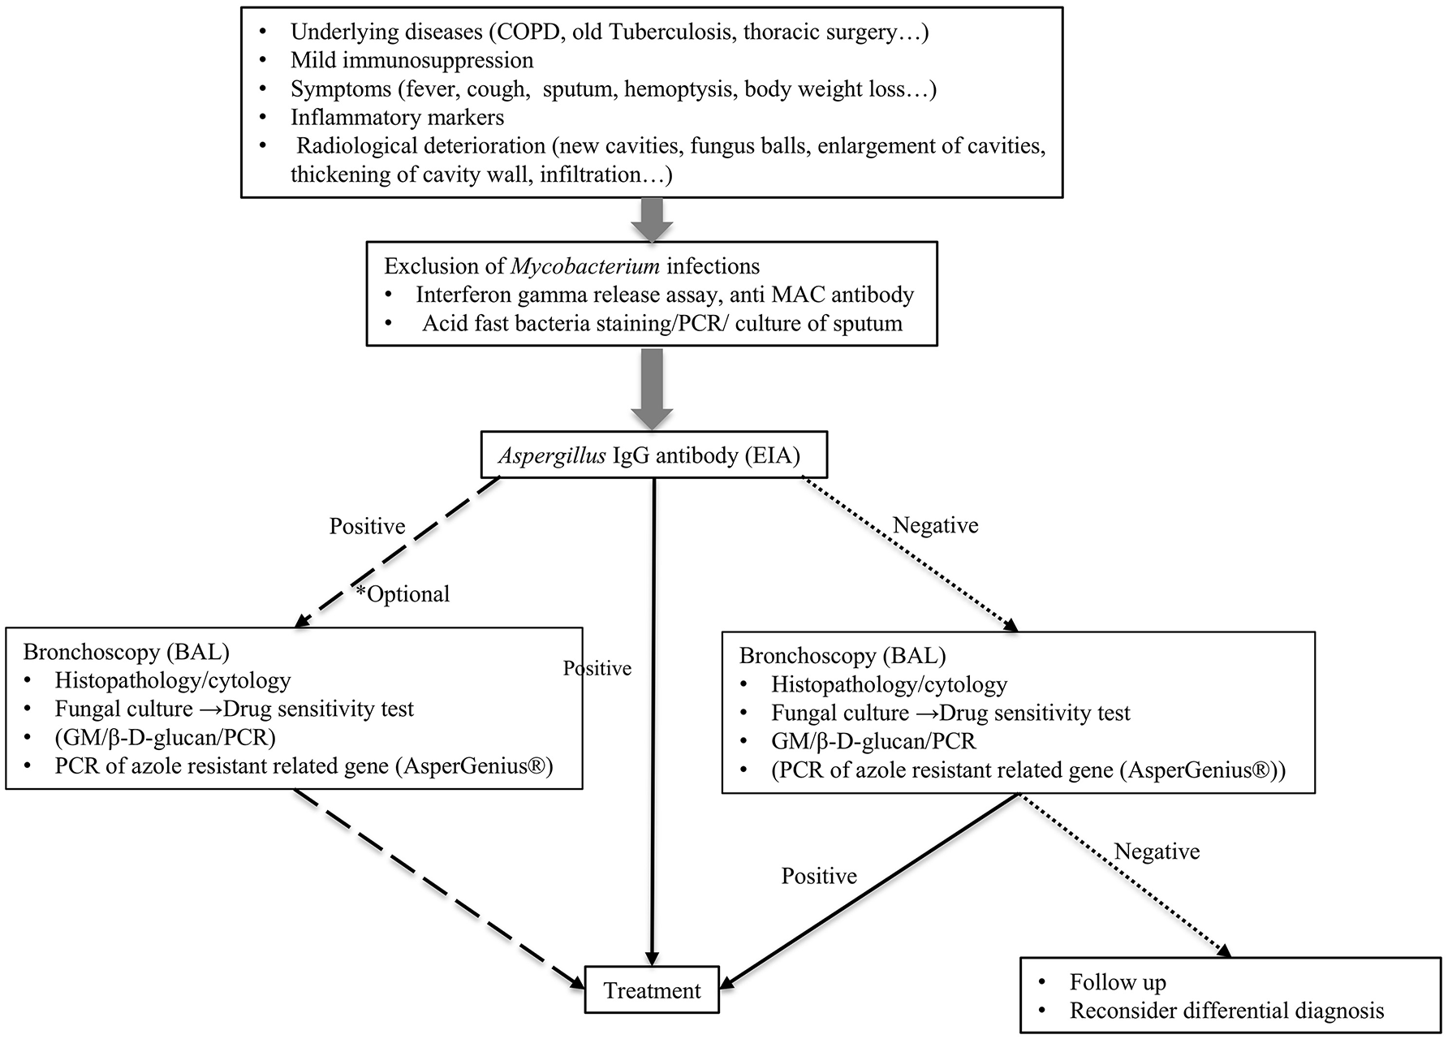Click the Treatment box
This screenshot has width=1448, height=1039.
click(x=652, y=989)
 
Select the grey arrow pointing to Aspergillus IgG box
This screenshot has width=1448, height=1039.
click(x=652, y=388)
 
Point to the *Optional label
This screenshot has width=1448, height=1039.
click(x=403, y=594)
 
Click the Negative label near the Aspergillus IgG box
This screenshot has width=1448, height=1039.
click(x=935, y=526)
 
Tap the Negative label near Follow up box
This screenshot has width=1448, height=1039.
click(x=1157, y=851)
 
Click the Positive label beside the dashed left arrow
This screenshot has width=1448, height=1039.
click(x=367, y=527)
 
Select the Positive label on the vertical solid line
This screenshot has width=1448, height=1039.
click(x=598, y=669)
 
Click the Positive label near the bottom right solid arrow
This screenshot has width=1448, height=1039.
click(x=819, y=877)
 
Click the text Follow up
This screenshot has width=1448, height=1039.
click(x=1118, y=983)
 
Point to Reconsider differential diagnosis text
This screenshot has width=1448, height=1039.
click(x=1226, y=1011)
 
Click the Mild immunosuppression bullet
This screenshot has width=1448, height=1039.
click(x=412, y=61)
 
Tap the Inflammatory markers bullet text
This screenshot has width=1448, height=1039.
click(x=398, y=118)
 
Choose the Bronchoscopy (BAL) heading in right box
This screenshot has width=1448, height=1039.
click(x=843, y=656)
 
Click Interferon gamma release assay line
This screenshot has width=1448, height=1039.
click(x=665, y=295)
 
